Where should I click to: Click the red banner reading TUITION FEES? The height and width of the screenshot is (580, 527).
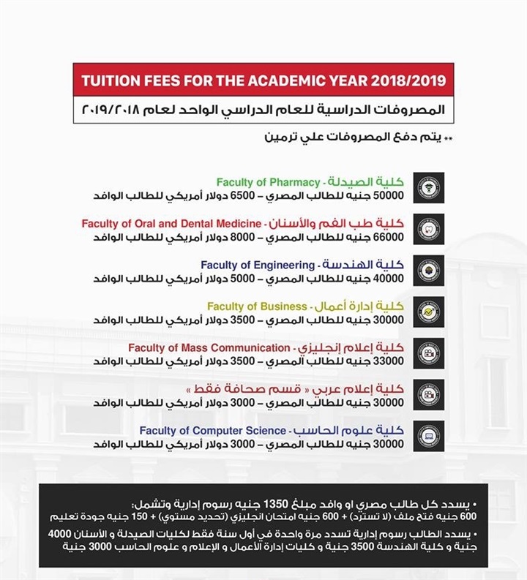263,78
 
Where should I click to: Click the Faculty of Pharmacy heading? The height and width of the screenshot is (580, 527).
268,182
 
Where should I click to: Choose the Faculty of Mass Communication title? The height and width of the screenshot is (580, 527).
209,348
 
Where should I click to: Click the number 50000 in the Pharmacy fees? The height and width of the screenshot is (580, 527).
388,196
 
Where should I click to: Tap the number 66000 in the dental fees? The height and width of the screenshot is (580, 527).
388,238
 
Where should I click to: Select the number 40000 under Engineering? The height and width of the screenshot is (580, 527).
388,279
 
